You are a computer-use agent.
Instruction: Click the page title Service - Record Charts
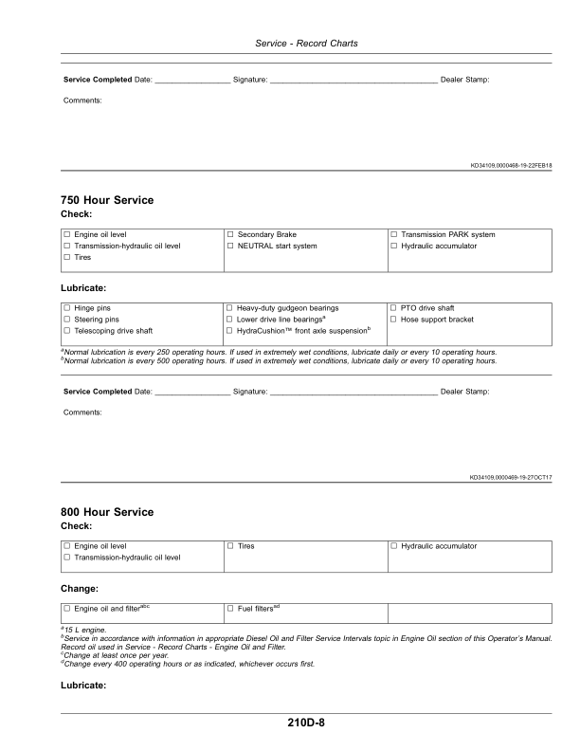coord(306,44)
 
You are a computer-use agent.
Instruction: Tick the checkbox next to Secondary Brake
coord(230,234)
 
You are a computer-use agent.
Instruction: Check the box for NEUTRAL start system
coord(230,246)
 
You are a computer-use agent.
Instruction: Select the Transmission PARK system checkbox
coord(394,234)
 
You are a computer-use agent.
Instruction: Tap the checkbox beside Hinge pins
coord(66,308)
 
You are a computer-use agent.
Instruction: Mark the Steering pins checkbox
coord(66,320)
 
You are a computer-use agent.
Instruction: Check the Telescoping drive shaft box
coord(66,331)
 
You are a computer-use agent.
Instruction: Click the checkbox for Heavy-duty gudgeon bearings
coord(230,308)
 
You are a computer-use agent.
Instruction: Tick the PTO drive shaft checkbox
coord(394,308)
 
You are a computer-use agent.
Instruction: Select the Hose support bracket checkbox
coord(394,320)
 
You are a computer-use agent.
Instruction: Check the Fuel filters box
coord(230,608)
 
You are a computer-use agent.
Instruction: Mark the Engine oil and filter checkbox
coord(66,608)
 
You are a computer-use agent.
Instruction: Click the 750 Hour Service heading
coord(107,200)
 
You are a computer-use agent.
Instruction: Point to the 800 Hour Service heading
coord(107,512)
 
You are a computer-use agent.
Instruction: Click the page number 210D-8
coord(306,723)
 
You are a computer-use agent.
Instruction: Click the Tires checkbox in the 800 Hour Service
coord(230,546)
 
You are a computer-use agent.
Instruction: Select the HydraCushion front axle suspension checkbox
coord(230,331)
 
